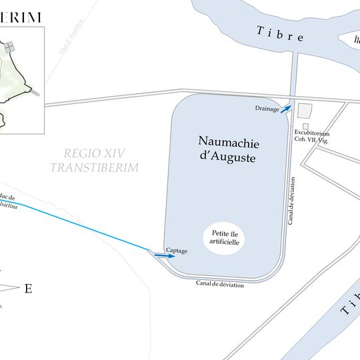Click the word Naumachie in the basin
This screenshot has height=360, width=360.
coord(228,142)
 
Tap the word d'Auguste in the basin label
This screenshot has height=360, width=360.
coord(228,158)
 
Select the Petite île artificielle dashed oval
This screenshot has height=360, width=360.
coord(224,237)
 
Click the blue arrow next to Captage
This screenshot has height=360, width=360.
coord(160,255)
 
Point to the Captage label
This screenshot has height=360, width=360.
coord(177,251)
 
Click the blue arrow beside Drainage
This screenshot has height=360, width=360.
coord(285,107)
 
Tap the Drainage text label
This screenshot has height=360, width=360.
coord(267,108)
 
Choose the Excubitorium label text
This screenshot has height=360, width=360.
coord(312,133)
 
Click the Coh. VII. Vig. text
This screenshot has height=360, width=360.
coord(312,139)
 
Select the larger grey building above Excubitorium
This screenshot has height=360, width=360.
coord(305,111)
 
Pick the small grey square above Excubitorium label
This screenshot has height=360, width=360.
coord(305,126)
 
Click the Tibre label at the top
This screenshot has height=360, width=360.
coord(281,34)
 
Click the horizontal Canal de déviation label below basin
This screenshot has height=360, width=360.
coord(220,285)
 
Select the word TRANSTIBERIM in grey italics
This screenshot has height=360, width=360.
coord(94,167)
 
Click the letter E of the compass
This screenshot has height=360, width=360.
coord(28,289)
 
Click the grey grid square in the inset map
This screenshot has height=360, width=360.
coord(10,47)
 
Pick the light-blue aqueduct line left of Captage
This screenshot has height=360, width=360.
coord(87,227)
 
